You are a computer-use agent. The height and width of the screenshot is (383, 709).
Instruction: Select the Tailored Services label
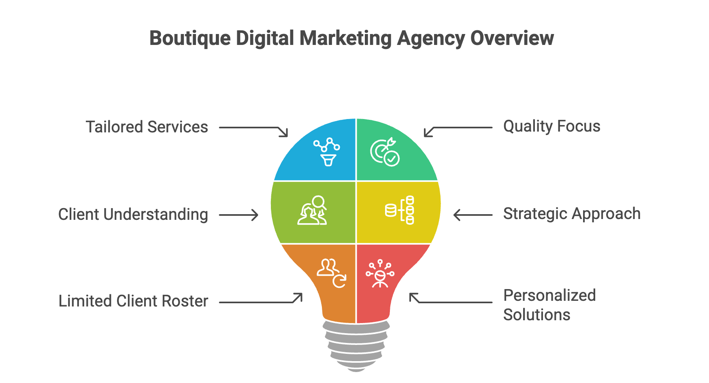[147, 127]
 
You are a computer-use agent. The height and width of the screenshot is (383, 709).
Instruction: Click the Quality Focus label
[551, 126]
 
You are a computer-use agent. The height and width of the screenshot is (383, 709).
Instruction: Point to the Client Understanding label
[133, 215]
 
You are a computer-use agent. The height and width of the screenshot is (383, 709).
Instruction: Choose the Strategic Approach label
[572, 214]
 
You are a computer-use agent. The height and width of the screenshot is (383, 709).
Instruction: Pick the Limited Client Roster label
[133, 301]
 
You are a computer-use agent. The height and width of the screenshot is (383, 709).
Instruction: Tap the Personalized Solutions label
[549, 305]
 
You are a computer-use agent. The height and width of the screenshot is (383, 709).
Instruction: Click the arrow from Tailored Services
[254, 129]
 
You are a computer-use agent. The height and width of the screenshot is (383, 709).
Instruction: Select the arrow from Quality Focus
[458, 129]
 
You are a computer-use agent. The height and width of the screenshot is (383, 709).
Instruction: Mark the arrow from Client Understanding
[239, 215]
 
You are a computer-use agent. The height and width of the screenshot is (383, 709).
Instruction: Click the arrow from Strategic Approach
[473, 215]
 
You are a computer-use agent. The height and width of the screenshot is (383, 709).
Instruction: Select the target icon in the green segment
[385, 152]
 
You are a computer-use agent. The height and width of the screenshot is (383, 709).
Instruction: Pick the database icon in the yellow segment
[400, 210]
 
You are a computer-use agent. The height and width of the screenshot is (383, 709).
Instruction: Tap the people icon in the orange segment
[331, 272]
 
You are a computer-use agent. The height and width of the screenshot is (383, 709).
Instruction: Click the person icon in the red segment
[380, 273]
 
